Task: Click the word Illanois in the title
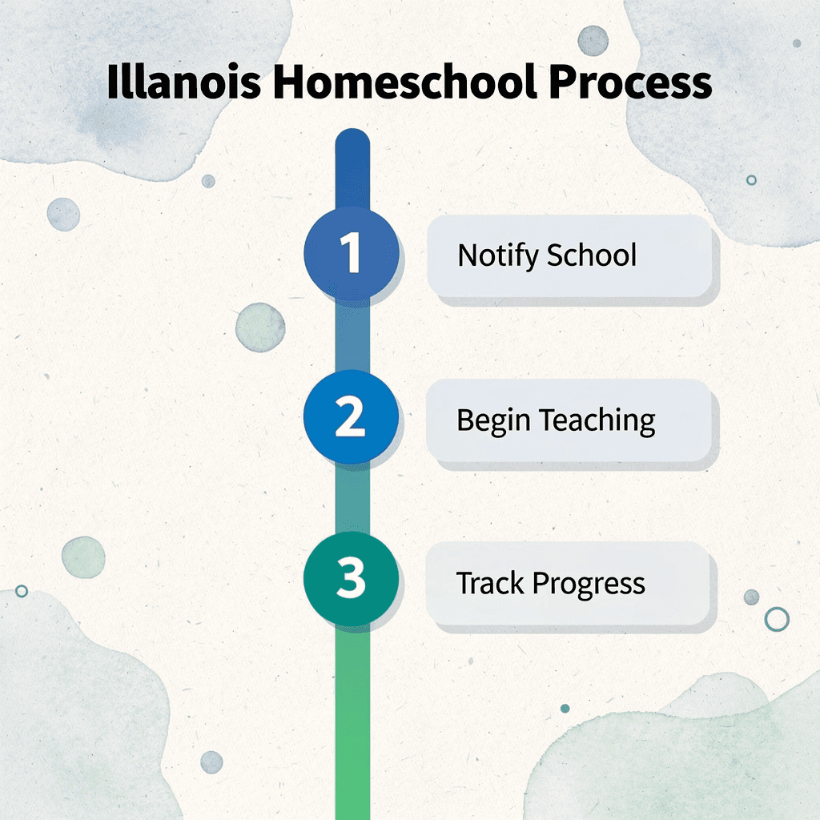183,83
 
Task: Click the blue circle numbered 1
351,254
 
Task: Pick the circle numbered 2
351,418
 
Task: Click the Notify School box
569,256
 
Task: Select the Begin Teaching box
569,420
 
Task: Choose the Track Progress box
569,584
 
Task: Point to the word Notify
498,256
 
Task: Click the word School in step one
592,256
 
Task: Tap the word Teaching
597,420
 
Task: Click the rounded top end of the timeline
352,144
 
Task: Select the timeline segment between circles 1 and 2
352,336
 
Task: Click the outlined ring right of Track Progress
776,618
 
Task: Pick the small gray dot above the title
593,40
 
